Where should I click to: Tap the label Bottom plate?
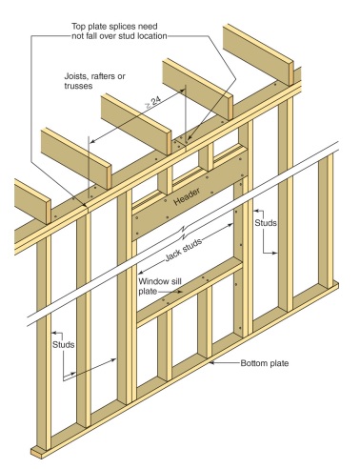[250, 363]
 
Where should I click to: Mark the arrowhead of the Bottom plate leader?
[210, 362]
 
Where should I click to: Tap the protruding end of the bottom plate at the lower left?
[38, 451]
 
